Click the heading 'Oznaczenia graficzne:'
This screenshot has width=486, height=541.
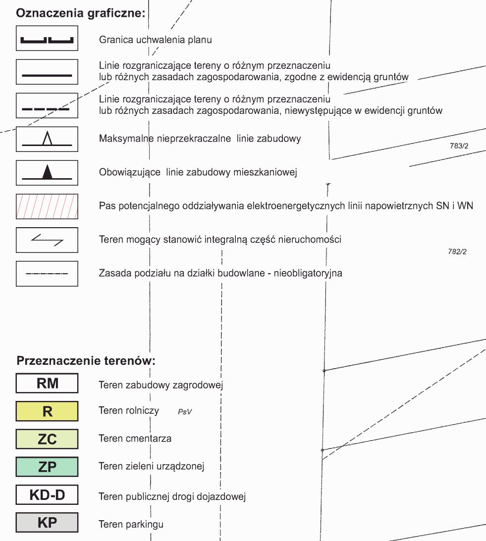[81, 13]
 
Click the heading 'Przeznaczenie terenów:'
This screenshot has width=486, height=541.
[86, 360]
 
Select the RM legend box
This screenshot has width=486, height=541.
[47, 384]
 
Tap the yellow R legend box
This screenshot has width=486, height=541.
[47, 411]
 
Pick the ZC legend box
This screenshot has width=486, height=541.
[47, 439]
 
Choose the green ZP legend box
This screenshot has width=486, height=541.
[47, 467]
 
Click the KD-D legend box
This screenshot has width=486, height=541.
[47, 494]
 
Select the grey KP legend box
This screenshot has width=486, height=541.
[47, 523]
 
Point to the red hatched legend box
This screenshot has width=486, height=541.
[47, 206]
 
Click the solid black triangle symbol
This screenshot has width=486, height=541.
[47, 172]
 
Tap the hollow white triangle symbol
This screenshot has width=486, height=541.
[47, 138]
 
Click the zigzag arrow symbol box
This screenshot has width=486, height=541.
[47, 240]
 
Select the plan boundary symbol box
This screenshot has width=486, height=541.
[47, 38]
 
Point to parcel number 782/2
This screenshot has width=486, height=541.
[457, 252]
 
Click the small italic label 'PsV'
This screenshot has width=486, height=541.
[184, 411]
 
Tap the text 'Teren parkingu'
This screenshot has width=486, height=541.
[131, 524]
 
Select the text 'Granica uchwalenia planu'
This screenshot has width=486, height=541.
[155, 40]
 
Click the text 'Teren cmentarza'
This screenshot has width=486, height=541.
[135, 439]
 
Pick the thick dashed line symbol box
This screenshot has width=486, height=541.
[47, 105]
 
